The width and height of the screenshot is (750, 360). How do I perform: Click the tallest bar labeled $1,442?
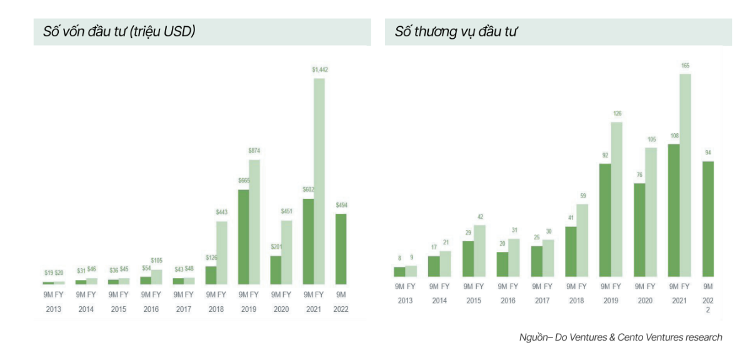319,181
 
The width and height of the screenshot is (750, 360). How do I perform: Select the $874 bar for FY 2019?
254,222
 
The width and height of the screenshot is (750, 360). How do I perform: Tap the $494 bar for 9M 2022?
341,249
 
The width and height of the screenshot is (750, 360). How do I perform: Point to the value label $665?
243,181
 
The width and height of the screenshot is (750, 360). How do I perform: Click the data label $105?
156,260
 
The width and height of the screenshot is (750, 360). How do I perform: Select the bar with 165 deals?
686,175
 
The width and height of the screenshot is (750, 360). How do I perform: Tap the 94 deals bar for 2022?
708,219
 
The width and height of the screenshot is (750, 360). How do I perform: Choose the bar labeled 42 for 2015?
479,250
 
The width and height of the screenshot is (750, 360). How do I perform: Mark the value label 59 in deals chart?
582,196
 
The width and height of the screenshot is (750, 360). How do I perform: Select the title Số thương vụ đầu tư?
456,32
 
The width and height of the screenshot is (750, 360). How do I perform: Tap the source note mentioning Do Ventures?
621,337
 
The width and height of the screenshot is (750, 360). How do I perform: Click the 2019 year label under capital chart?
249,309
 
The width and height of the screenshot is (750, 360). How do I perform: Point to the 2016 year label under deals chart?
507,301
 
